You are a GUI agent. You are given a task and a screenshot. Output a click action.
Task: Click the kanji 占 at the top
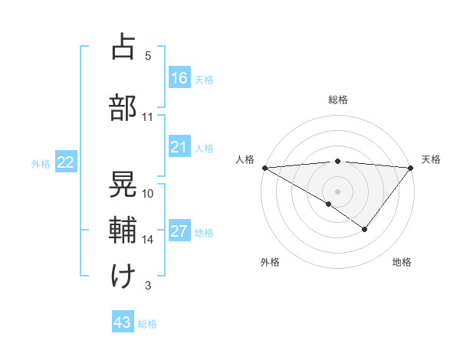tap(123, 47)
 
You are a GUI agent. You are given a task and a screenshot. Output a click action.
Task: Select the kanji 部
tap(123, 108)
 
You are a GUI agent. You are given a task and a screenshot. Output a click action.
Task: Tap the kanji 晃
tap(123, 185)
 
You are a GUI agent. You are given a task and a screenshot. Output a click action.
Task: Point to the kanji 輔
tap(123, 231)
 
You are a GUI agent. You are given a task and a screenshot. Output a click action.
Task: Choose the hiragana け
tap(123, 277)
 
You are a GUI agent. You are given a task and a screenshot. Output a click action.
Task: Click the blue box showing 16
tap(179, 77)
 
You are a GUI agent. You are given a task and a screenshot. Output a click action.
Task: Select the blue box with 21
tap(179, 146)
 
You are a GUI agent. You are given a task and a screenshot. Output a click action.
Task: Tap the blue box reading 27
tap(179, 231)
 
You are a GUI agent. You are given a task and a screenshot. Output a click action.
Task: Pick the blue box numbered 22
tap(66, 162)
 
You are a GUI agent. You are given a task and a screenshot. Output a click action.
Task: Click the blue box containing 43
tap(123, 322)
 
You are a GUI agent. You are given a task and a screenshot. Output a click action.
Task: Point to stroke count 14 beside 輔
tap(148, 240)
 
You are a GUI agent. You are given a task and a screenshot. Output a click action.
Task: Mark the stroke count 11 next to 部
tap(148, 117)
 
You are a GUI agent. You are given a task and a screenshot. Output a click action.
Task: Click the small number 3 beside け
tap(148, 286)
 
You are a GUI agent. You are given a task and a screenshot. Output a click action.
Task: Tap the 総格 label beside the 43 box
tap(147, 324)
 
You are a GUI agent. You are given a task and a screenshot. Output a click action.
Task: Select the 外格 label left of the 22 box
tap(41, 163)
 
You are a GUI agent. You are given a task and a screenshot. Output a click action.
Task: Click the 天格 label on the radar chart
tap(432, 159)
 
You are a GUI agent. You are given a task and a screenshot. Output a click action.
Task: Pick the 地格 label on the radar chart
tap(402, 262)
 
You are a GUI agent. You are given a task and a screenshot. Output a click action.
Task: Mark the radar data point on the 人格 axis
tap(264, 167)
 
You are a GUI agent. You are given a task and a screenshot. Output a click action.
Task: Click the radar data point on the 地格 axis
tap(365, 229)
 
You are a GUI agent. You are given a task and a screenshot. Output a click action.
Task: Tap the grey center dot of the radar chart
tap(337, 191)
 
